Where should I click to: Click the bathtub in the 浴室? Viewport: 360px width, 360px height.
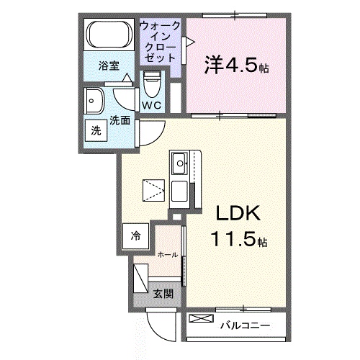[109, 35]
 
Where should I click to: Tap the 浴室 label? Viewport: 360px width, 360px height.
[109, 66]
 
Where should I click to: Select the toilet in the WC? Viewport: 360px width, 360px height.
[152, 84]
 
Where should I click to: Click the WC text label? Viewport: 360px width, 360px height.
[152, 105]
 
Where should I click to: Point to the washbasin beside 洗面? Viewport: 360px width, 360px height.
[94, 101]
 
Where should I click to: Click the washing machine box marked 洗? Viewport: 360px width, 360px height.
[96, 131]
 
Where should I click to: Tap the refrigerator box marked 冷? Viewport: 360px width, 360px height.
[135, 236]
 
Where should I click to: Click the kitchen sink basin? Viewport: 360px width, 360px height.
[179, 163]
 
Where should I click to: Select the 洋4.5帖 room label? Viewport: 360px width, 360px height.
[237, 66]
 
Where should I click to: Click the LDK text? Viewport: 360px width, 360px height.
[238, 213]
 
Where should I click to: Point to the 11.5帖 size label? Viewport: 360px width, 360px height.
[239, 240]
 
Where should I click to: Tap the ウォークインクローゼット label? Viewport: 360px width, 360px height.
[159, 42]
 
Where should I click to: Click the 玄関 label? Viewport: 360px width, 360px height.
[163, 293]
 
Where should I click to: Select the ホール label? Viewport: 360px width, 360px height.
[168, 255]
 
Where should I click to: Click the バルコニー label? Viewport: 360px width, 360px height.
[246, 326]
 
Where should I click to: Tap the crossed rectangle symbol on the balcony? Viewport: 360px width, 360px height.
[201, 318]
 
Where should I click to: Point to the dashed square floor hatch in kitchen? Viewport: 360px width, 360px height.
[153, 190]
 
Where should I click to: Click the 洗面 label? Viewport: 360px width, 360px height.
[120, 120]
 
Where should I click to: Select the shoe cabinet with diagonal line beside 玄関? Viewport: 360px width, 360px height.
[141, 278]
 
